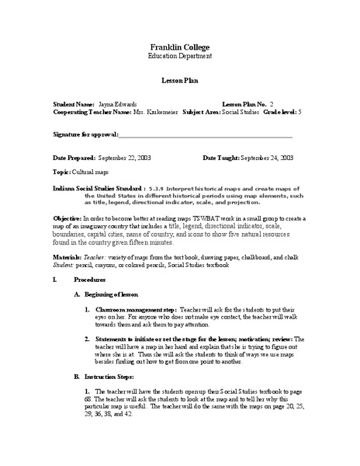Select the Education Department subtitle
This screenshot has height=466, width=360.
[x=180, y=57]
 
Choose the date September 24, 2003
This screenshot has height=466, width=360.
[x=265, y=157]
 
